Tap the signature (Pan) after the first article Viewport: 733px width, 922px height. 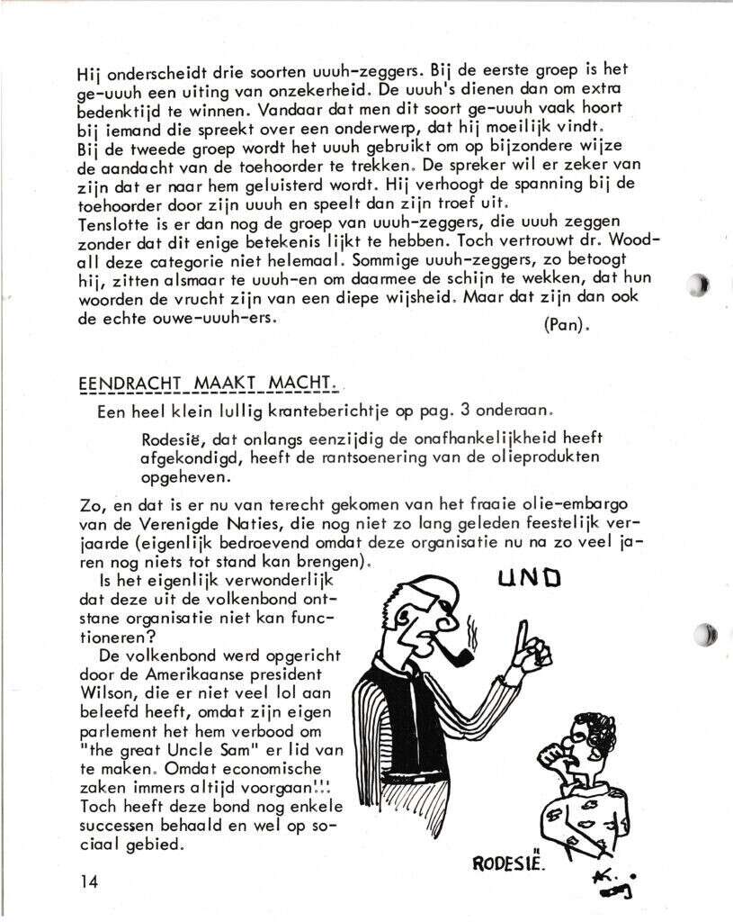coord(567,325)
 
